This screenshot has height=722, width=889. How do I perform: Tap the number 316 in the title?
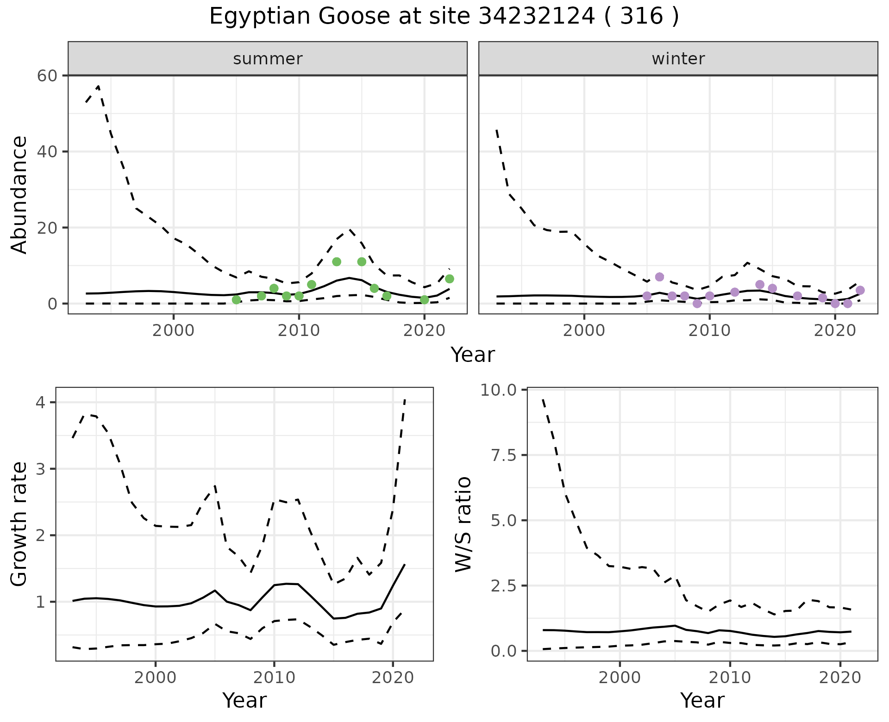(x=641, y=17)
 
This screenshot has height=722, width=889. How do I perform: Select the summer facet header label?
(x=268, y=59)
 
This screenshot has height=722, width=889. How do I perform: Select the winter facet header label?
(x=678, y=59)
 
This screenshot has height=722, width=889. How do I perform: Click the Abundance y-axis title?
(x=19, y=194)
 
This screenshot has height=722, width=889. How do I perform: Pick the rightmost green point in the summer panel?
(x=449, y=279)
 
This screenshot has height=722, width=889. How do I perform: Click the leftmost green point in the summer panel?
(x=236, y=300)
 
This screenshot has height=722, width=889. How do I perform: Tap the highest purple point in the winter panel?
(x=659, y=277)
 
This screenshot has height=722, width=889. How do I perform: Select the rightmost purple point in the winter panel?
(x=860, y=290)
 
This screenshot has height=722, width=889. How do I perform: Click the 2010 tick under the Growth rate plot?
(x=274, y=678)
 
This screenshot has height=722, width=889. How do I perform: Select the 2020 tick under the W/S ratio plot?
(x=840, y=678)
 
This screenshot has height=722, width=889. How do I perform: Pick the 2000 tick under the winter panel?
(x=584, y=331)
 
